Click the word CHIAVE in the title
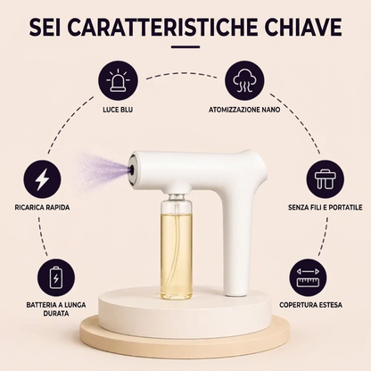tap(303, 27)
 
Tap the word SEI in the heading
tap(45, 27)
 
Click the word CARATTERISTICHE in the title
tap(162, 27)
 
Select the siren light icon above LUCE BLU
tap(118, 81)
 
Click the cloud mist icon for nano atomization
tap(244, 81)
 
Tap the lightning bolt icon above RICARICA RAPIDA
tap(42, 180)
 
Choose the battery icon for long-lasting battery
tap(56, 277)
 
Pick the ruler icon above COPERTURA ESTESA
tap(308, 277)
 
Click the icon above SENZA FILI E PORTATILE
tap(326, 180)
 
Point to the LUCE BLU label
tap(118, 110)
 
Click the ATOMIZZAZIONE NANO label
tap(244, 110)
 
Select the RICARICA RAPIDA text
tap(42, 207)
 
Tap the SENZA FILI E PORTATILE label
tap(326, 207)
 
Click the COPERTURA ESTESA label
tap(310, 305)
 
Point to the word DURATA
tap(56, 314)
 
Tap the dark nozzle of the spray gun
tap(131, 169)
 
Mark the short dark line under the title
tap(185, 46)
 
